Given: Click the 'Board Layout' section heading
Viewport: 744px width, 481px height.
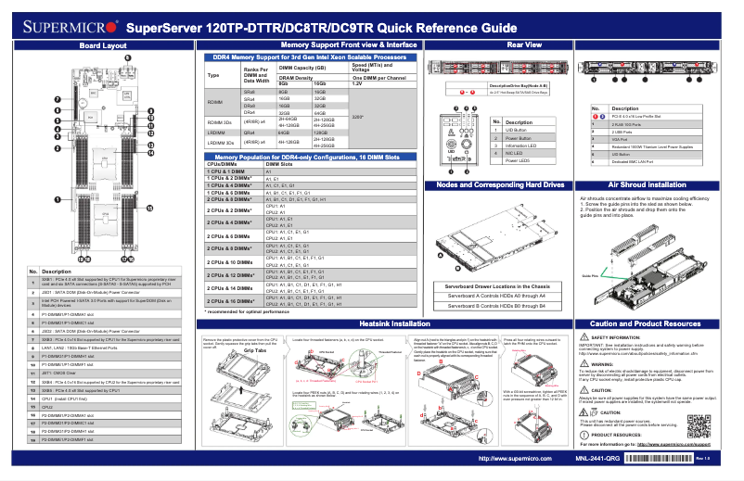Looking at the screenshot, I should (103, 44).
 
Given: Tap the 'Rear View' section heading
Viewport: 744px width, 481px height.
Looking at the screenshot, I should (525, 44).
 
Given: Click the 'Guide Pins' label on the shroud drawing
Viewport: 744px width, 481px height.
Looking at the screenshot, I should (588, 275).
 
